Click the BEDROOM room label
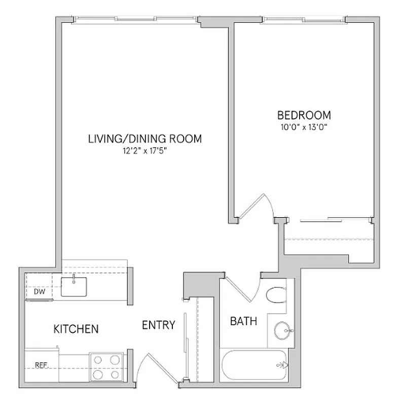tap(304, 115)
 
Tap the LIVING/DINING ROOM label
tap(145, 138)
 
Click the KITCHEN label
tap(76, 329)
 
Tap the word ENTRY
tap(158, 325)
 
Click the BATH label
tap(243, 321)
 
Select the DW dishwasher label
tap(39, 292)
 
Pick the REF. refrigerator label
tap(41, 364)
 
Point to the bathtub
tap(254, 365)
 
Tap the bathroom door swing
tap(242, 290)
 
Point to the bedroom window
tap(304, 20)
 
